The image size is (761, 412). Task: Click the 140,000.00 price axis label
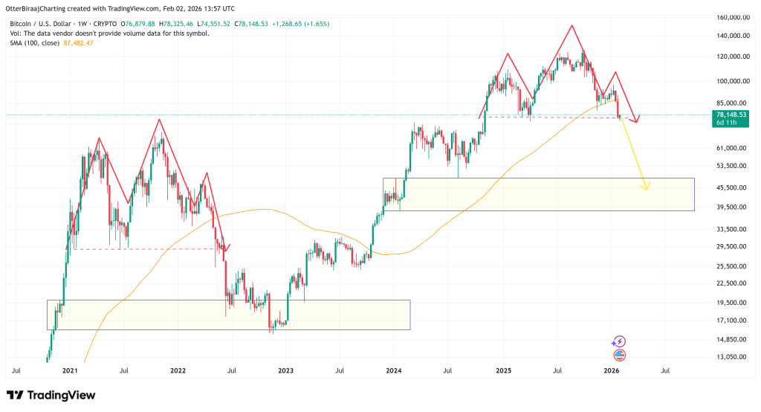pyautogui.click(x=728, y=35)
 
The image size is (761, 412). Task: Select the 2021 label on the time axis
pyautogui.click(x=70, y=370)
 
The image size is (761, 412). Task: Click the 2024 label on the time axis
pyautogui.click(x=394, y=370)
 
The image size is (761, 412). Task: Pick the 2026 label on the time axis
pyautogui.click(x=611, y=370)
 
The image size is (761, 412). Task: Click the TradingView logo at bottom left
pyautogui.click(x=51, y=395)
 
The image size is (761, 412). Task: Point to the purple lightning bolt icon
pyautogui.click(x=619, y=341)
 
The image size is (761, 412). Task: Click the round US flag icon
pyautogui.click(x=619, y=355)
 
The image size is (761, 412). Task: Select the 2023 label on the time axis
pyautogui.click(x=286, y=370)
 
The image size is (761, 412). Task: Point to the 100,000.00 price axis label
pyautogui.click(x=728, y=81)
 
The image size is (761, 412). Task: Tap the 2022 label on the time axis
pyautogui.click(x=178, y=370)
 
